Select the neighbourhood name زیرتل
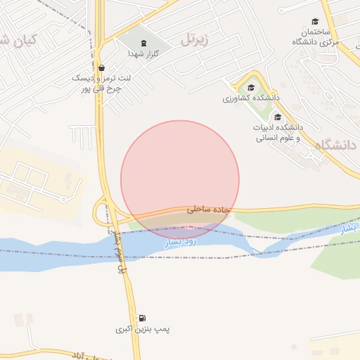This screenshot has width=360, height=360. [195, 39]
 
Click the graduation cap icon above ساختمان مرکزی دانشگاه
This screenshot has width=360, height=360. [315, 22]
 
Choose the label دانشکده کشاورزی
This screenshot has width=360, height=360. [251, 98]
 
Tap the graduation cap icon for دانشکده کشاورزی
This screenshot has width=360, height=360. [250, 87]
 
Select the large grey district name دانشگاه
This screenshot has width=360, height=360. [336, 146]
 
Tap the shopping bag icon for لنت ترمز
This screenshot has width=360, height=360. [102, 68]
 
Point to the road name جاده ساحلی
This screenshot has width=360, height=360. [207, 210]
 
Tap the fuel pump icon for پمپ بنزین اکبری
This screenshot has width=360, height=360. [143, 319]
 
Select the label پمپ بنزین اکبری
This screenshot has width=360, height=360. [143, 329]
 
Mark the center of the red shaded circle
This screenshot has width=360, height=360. [180, 180]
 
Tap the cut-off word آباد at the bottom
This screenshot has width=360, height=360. [89, 356]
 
